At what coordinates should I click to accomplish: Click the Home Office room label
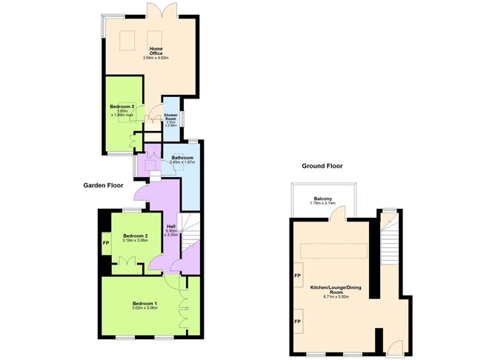156,51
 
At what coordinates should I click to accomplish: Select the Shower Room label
171,117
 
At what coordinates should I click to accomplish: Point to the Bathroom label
182,157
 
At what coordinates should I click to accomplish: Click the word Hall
171,226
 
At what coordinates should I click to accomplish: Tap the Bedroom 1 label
145,304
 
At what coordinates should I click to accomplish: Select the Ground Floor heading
322,167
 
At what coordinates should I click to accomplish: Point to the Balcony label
322,198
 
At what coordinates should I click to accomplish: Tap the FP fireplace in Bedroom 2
105,241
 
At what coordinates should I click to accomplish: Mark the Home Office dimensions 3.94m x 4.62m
156,57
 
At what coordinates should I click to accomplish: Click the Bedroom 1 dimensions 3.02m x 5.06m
145,310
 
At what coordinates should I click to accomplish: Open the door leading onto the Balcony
337,216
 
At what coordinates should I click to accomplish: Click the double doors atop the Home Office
161,11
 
